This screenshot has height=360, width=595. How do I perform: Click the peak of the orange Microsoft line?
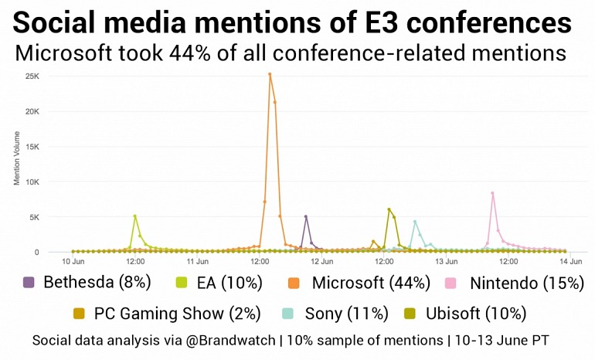point(270,74)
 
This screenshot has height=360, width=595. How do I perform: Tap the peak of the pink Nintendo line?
point(492,193)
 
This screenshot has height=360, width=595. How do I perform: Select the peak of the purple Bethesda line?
point(306,216)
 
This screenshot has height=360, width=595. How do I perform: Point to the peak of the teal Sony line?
point(415,222)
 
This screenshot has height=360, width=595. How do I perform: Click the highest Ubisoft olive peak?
point(389,209)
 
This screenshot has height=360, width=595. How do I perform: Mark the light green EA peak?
point(135,216)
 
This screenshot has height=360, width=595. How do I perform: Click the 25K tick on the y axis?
point(32,76)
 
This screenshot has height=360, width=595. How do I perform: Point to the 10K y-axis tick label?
point(32,182)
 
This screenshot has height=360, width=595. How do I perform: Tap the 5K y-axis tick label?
point(35,217)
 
